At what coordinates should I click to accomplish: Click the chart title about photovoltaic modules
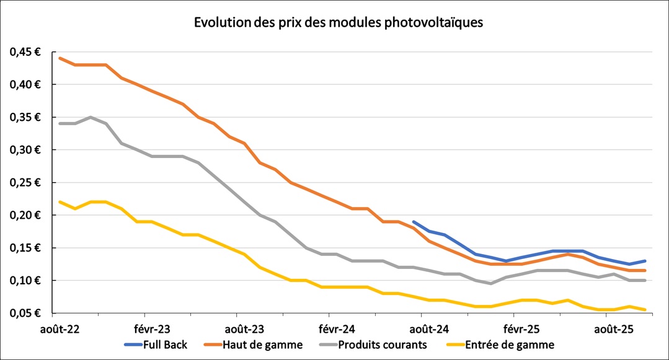click(x=338, y=23)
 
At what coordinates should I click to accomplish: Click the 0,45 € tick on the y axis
click(x=25, y=52)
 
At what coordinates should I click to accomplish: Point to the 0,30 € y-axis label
click(x=25, y=150)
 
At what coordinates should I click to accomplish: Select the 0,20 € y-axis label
click(x=25, y=216)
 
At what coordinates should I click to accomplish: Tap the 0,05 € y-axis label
click(x=25, y=314)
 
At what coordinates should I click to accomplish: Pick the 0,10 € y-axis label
click(x=25, y=281)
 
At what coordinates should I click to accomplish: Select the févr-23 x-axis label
click(x=152, y=328)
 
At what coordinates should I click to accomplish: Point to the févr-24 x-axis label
click(x=337, y=328)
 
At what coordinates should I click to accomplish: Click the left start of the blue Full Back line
click(x=414, y=222)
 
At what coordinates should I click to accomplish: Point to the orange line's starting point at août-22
click(x=60, y=58)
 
